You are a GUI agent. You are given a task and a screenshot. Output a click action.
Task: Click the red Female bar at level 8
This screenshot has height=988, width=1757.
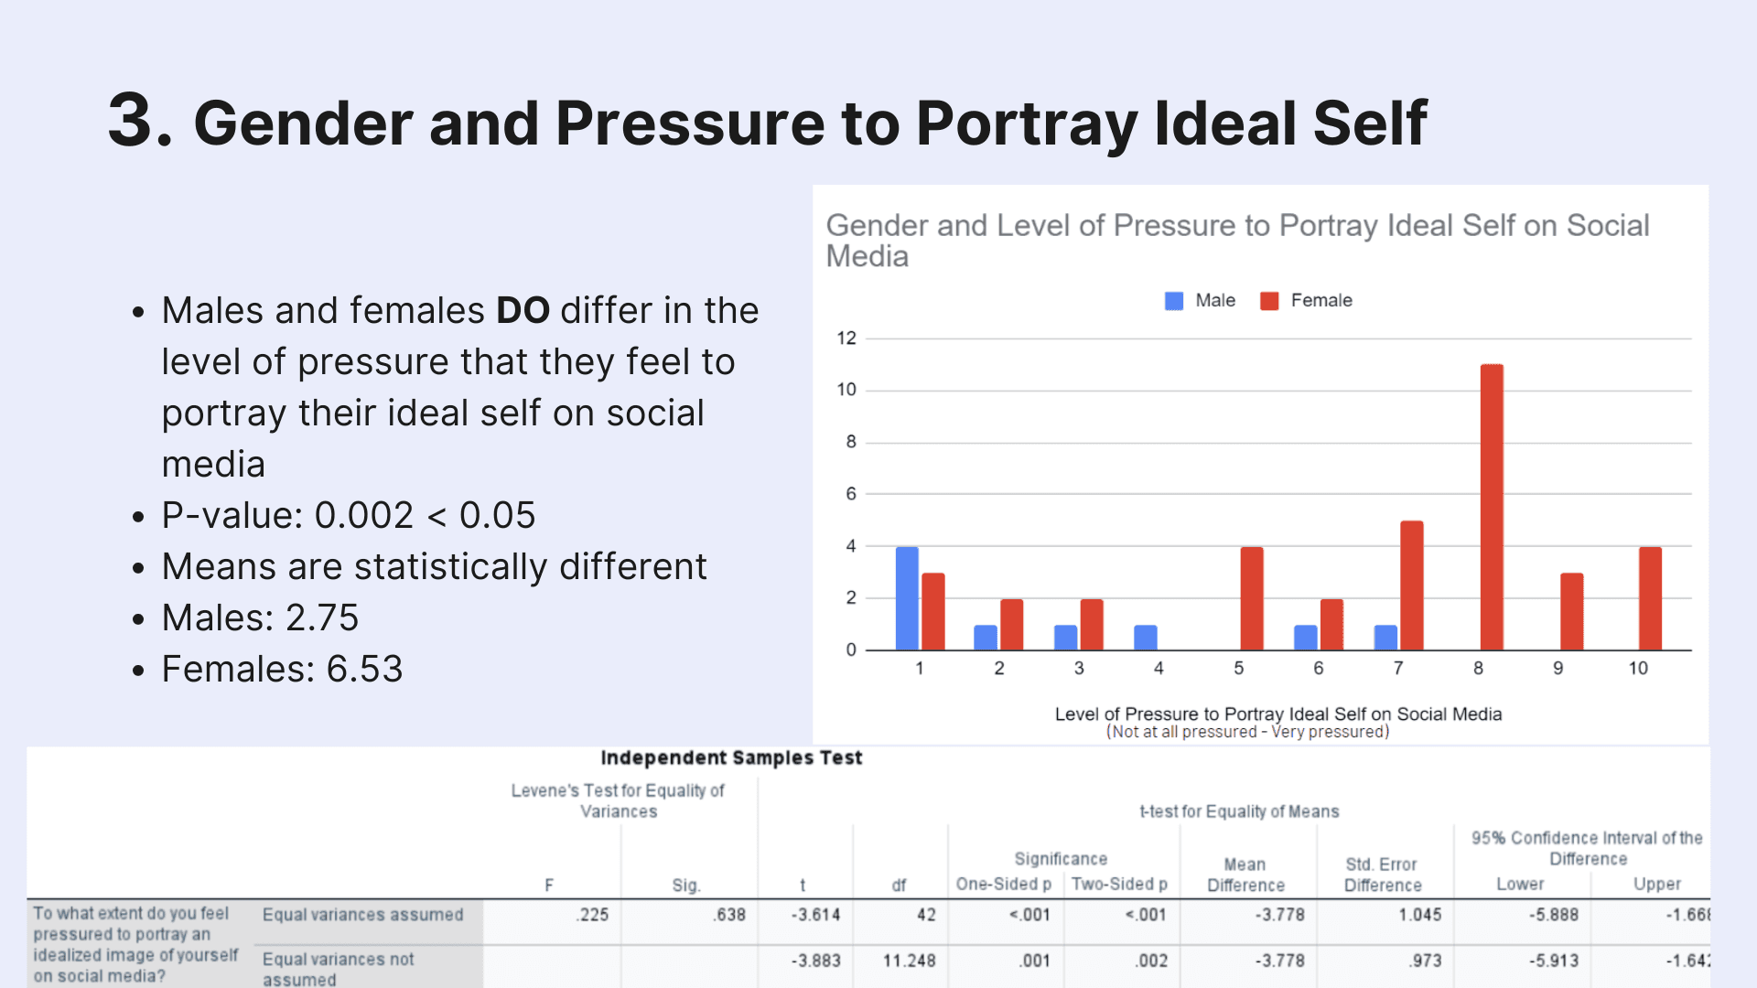tap(1492, 507)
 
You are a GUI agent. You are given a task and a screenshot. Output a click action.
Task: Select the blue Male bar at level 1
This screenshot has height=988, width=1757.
tap(907, 598)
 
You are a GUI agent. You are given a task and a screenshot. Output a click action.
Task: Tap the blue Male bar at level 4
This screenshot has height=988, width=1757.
tap(1146, 638)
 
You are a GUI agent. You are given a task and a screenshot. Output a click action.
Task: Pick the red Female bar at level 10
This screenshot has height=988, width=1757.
tap(1650, 598)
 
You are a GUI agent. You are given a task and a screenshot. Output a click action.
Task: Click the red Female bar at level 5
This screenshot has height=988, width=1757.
tap(1252, 598)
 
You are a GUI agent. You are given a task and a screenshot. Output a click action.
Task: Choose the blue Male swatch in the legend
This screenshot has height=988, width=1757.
tap(1174, 301)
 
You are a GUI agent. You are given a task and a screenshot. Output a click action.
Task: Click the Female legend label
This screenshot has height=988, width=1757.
tap(1321, 301)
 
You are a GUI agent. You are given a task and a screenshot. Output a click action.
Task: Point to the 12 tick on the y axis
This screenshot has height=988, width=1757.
tap(846, 338)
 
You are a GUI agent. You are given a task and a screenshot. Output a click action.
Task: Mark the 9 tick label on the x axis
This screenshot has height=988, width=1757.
tap(1558, 669)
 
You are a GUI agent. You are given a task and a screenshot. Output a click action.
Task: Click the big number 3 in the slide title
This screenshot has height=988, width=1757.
tap(139, 120)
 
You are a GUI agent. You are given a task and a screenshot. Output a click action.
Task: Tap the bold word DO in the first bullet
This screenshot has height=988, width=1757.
tap(523, 311)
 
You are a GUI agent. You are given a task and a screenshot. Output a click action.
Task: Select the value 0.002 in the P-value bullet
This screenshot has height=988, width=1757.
tap(364, 516)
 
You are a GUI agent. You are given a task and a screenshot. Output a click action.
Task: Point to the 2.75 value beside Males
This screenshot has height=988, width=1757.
tap(322, 618)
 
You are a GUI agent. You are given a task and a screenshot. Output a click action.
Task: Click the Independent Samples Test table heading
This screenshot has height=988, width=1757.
tap(731, 758)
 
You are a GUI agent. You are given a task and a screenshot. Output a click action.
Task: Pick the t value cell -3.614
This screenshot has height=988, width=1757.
tap(815, 915)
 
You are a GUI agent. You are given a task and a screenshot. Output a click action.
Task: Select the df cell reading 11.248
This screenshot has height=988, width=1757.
tap(909, 961)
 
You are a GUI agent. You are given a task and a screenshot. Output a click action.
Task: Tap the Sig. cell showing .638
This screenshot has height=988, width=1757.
tap(729, 915)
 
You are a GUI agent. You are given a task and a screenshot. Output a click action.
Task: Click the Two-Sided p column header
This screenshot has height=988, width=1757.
tap(1119, 885)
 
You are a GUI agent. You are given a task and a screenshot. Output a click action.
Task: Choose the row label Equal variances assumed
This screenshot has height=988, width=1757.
tap(362, 915)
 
